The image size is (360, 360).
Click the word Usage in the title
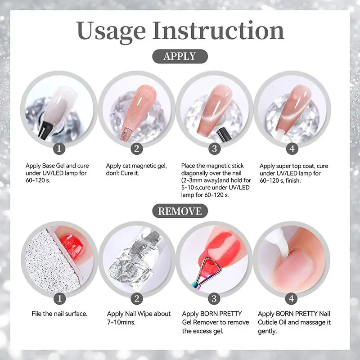111,31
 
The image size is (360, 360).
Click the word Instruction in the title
218,30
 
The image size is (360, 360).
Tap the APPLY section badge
180,56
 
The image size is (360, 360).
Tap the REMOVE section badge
180,211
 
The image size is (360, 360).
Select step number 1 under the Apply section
59,148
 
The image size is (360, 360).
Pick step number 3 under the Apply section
215,148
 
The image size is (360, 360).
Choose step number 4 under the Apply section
292,148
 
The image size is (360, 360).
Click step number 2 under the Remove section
137,299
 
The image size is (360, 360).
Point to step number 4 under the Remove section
291,299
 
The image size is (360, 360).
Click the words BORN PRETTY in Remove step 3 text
221,314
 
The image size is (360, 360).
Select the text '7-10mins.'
121,322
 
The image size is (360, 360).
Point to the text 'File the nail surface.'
59,314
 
